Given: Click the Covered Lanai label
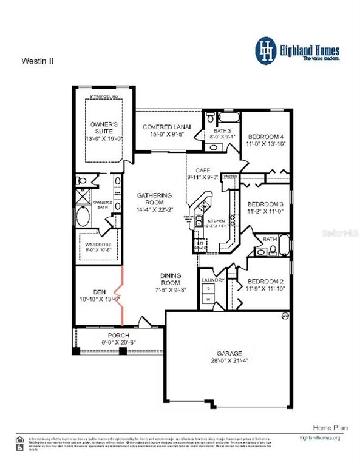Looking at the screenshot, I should (167, 127).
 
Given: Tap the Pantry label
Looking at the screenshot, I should (230, 176).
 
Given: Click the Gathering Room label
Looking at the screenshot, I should (155, 198).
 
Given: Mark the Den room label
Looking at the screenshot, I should (91, 291).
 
